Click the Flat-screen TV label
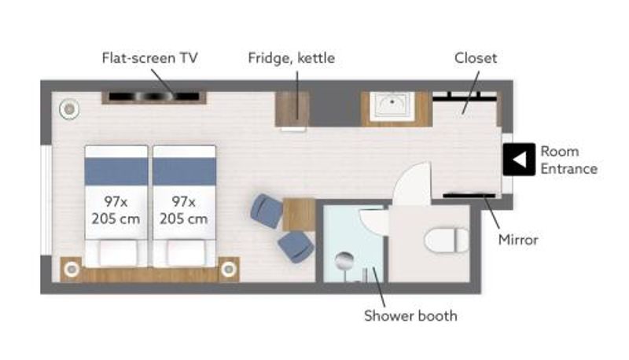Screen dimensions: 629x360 149,58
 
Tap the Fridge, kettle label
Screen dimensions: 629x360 291,58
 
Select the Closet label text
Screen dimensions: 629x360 476,58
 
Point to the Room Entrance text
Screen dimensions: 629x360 568,160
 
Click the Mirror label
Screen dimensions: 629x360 518,240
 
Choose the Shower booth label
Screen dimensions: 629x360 410,316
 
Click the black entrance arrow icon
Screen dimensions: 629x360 519,159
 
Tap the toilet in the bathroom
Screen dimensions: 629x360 447,240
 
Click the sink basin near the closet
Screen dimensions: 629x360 392,105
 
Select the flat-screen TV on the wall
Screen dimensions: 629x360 154,97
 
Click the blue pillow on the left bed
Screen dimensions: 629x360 116,171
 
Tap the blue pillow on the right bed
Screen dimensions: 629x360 184,171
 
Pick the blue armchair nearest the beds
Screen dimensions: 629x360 267,211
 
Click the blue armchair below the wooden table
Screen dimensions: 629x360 296,247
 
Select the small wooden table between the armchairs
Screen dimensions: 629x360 299,214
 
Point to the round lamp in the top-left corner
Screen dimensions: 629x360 69,109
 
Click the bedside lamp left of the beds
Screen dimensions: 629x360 72,269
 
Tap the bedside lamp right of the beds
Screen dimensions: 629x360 229,269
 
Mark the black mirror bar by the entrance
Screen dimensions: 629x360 469,196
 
